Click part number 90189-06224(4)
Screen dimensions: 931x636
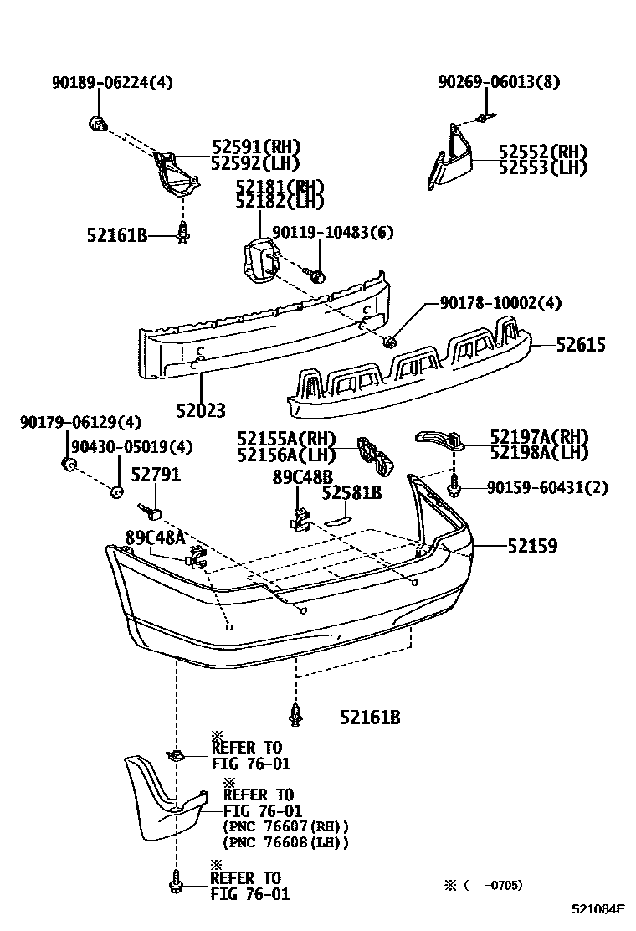pos(112,82)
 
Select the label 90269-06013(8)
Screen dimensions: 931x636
pos(499,82)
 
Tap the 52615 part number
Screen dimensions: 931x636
pos(578,345)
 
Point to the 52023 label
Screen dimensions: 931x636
pos(201,410)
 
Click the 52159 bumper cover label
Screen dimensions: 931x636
pos(531,545)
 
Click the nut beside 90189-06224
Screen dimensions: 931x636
pos(97,125)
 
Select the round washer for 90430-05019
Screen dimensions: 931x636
pos(117,491)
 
